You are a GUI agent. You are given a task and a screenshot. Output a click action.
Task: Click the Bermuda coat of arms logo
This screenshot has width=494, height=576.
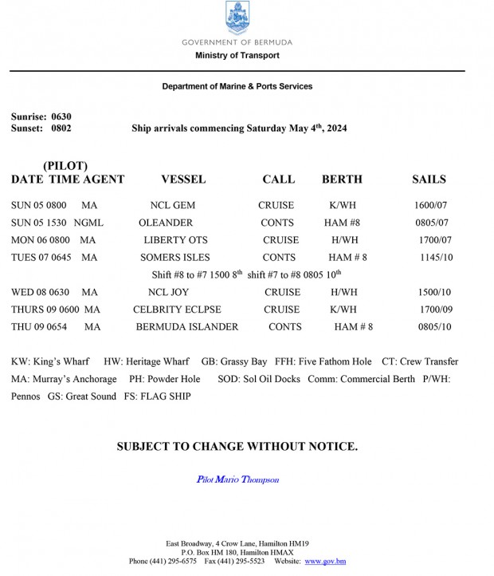[237, 18]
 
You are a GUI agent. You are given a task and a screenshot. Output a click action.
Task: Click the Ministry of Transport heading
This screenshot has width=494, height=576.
[237, 56]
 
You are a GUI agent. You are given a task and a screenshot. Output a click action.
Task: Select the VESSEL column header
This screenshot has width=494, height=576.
[183, 180]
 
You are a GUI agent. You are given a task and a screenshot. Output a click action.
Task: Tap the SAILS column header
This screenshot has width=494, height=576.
[429, 180]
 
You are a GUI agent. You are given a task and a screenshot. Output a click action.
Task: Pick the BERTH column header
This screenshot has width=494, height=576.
[342, 180]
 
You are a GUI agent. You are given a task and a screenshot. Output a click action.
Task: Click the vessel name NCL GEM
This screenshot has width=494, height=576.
[172, 206]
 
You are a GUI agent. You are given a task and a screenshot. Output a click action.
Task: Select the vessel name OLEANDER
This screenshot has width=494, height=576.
[166, 223]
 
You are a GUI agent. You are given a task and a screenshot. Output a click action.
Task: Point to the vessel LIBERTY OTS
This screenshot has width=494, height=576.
[175, 240]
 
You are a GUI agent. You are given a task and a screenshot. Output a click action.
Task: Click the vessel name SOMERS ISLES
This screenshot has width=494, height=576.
[175, 258]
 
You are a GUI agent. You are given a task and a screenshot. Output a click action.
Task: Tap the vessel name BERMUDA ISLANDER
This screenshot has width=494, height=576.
[187, 327]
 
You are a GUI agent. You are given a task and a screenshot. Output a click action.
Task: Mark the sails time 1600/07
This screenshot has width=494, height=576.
[431, 206]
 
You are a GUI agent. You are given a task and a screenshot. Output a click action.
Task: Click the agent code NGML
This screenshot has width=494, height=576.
[88, 223]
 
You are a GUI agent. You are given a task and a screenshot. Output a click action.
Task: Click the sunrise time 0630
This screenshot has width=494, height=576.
[61, 116]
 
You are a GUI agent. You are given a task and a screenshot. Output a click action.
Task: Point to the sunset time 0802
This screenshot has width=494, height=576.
[61, 128]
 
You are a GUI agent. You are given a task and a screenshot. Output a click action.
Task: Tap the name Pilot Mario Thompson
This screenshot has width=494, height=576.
[237, 479]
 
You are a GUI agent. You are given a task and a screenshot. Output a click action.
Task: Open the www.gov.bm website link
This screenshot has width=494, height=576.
[325, 562]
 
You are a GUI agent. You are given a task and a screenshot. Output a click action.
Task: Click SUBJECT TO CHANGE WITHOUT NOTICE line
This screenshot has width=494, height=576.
[237, 447]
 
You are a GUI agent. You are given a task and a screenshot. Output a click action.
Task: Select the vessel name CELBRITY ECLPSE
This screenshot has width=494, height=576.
[177, 310]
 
